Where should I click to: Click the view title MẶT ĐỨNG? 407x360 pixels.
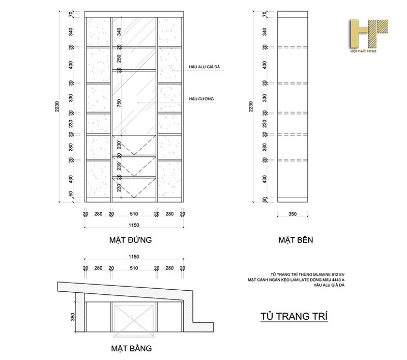coord(130,239)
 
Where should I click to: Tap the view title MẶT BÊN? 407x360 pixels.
coord(296,239)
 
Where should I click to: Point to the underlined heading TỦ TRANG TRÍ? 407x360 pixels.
coord(294,316)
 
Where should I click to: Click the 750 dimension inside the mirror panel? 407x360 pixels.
coord(119,103)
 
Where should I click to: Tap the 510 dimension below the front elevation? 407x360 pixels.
coord(134,214)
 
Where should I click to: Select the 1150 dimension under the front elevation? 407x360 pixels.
coord(134,225)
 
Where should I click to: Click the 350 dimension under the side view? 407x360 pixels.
coord(292,214)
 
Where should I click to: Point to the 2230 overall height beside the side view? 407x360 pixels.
coord(250,106)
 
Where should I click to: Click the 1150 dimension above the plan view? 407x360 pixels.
coord(134,257)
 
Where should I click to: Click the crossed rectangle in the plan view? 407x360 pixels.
coord(134,321)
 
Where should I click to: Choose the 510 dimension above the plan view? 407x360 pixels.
coord(134,267)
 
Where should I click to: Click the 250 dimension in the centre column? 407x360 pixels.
coord(119,59)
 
